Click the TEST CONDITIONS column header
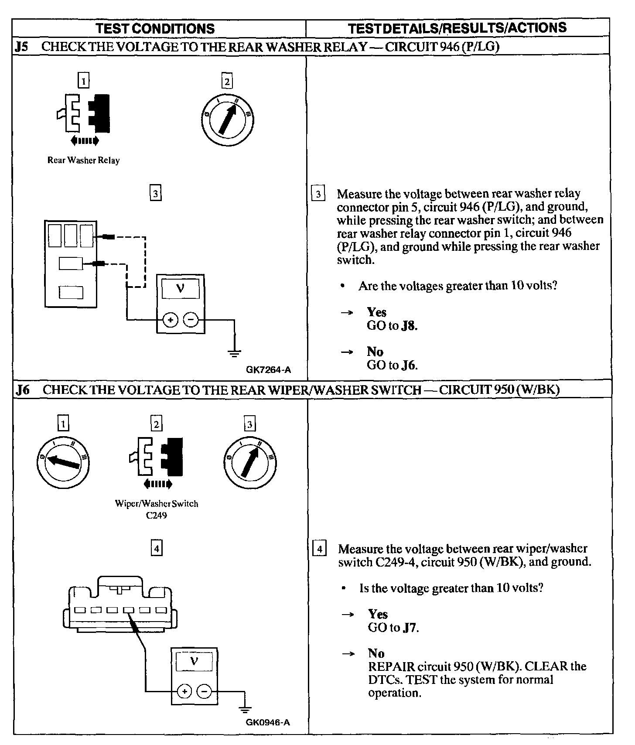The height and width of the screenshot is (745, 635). (155, 29)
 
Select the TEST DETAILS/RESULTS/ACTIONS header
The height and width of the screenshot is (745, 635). (457, 28)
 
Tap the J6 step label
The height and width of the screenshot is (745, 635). (23, 390)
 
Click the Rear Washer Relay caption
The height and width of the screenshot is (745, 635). (83, 161)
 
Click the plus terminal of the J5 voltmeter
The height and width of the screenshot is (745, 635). (170, 321)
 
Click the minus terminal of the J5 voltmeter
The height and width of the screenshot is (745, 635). (191, 321)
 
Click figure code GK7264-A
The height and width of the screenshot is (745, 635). (268, 370)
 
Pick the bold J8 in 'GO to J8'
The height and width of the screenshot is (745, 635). (409, 326)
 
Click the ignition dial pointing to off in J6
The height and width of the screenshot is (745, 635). (63, 463)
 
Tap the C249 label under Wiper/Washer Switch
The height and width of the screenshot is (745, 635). (156, 515)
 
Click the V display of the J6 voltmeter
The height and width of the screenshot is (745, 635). (194, 661)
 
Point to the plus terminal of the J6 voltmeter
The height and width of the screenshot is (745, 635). (184, 692)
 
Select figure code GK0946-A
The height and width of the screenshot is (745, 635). (267, 722)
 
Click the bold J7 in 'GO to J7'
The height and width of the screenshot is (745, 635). (410, 628)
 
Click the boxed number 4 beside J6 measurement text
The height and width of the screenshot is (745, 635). (319, 549)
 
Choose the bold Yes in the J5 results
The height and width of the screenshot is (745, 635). (376, 312)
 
